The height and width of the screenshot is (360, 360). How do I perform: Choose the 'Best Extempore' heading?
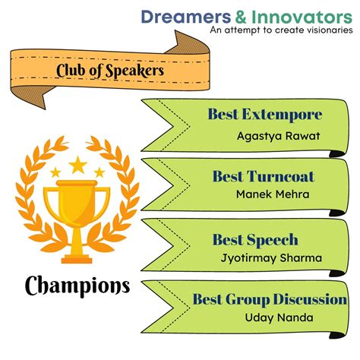pyautogui.click(x=264, y=115)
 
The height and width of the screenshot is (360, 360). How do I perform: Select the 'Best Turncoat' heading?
pyautogui.click(x=263, y=176)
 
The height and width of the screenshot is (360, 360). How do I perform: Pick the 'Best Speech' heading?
pyautogui.click(x=255, y=240)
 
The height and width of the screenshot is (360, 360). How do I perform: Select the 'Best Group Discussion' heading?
pyautogui.click(x=270, y=299)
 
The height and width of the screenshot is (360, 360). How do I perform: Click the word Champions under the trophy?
pyautogui.click(x=77, y=286)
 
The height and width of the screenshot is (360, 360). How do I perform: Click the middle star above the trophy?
pyautogui.click(x=78, y=164)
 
